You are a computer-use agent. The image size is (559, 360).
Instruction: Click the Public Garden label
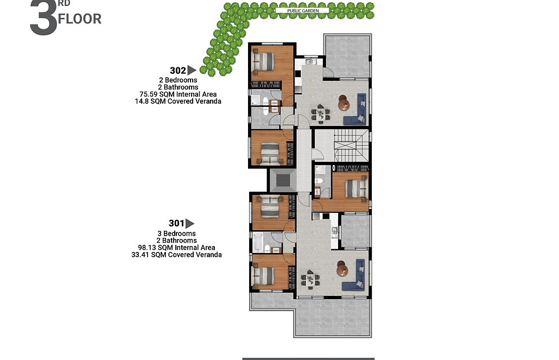303,11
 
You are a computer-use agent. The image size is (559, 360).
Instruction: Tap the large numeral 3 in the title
43,18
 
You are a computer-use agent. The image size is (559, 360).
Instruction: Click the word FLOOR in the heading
79,19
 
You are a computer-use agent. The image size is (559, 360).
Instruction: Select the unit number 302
177,71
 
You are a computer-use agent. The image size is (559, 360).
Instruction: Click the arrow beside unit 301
190,224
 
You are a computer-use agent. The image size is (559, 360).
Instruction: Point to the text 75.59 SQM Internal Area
178,94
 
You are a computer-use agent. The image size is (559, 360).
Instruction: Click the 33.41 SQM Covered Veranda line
176,255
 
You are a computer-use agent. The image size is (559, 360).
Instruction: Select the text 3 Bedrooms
176,233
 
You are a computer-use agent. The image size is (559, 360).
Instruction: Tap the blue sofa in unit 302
356,109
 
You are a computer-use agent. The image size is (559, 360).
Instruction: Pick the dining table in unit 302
321,113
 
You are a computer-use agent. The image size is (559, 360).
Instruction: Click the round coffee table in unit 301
342,268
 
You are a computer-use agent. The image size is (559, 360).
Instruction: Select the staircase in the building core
351,146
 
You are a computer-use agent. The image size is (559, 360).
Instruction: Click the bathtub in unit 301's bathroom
257,242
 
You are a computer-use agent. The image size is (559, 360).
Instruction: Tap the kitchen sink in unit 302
309,62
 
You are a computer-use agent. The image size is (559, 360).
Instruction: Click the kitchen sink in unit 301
334,231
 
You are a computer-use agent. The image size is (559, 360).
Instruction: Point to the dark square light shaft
283,180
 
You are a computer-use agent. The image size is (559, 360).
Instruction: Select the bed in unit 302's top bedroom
263,61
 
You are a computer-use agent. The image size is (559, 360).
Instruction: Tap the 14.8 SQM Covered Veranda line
178,102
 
